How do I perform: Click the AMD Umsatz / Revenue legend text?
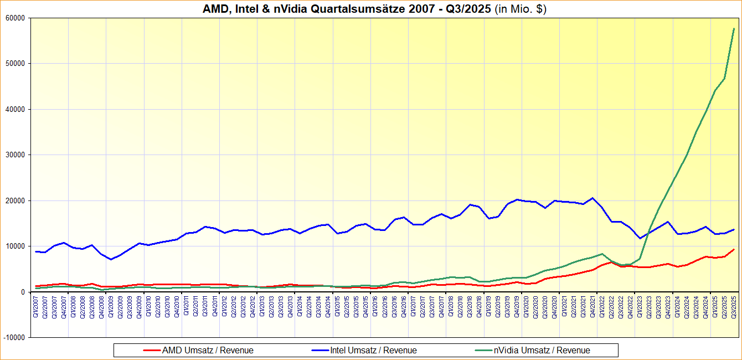click(x=208, y=350)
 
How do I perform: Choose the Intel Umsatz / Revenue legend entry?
click(x=373, y=350)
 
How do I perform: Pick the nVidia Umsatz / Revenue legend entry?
click(x=542, y=350)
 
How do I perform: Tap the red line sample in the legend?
click(x=152, y=350)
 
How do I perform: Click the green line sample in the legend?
click(x=484, y=350)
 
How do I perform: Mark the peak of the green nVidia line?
click(x=734, y=28)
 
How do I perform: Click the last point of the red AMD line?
click(x=734, y=249)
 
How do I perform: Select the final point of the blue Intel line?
click(x=734, y=229)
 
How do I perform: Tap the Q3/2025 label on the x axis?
click(x=734, y=307)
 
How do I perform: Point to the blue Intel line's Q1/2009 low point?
click(x=111, y=259)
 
